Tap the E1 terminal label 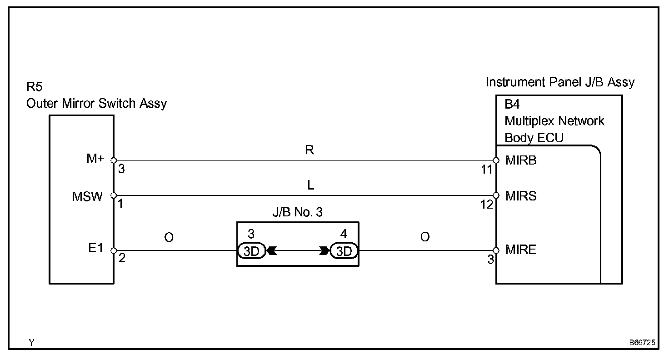pyautogui.click(x=96, y=249)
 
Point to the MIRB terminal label pyautogui.click(x=521, y=160)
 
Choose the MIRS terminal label pyautogui.click(x=521, y=196)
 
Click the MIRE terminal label pyautogui.click(x=521, y=250)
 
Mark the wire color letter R pyautogui.click(x=310, y=150)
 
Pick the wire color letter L pyautogui.click(x=311, y=185)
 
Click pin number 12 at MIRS pyautogui.click(x=487, y=205)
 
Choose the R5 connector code pyautogui.click(x=35, y=87)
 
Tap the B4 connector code pyautogui.click(x=512, y=105)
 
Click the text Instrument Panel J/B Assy pyautogui.click(x=560, y=82)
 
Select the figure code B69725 pyautogui.click(x=642, y=343)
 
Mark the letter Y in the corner pyautogui.click(x=31, y=343)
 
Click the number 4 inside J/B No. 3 pyautogui.click(x=343, y=235)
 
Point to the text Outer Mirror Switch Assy pyautogui.click(x=96, y=103)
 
